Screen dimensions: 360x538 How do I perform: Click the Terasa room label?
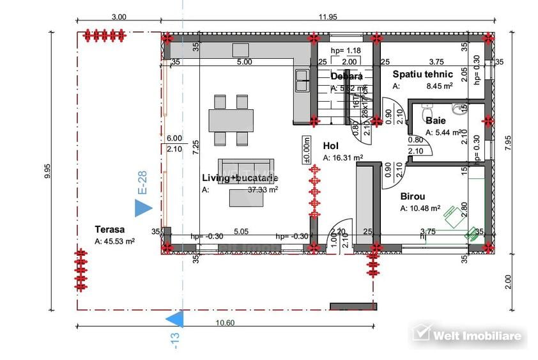tap(110, 229)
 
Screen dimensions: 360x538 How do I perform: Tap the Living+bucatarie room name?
tap(240, 178)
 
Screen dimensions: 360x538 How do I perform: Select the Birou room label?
tap(413, 197)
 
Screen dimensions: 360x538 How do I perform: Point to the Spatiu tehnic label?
tap(423, 74)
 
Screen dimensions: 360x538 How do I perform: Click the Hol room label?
tap(330, 146)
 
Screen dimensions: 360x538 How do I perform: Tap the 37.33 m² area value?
tap(263, 189)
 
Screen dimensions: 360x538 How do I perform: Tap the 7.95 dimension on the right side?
tap(508, 142)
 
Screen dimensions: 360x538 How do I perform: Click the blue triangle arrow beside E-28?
tap(143, 207)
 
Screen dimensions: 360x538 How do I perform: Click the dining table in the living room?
tap(231, 120)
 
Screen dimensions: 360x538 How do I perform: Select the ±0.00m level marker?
tap(307, 151)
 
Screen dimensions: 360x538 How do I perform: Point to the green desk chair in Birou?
tap(452, 213)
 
